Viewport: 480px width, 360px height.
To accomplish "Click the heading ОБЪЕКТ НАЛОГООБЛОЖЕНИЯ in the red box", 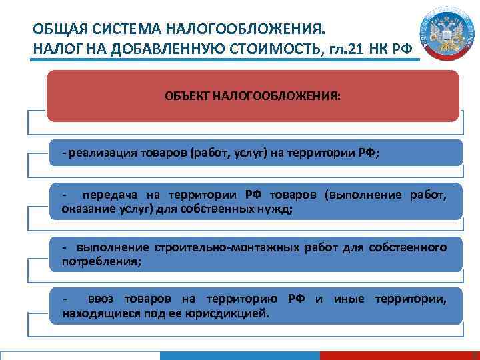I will tap(252, 96).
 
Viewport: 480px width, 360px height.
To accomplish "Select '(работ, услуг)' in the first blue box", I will tap(229, 153).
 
